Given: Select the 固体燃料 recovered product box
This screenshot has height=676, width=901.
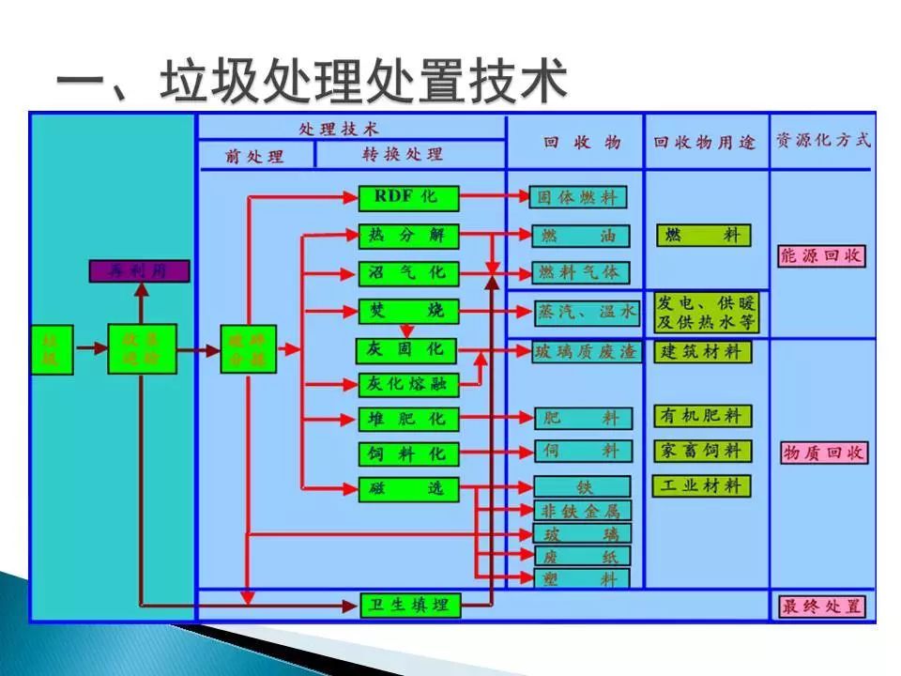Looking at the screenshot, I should pos(579,197).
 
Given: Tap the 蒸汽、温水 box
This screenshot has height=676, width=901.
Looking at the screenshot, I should pos(587,313).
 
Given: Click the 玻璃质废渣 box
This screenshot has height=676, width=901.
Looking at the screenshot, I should pos(586,352).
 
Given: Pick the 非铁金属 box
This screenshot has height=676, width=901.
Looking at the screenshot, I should pos(583,512).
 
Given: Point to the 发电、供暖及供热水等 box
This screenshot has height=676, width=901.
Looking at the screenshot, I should pos(706,314).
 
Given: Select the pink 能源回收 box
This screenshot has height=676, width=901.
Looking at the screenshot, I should pos(822,255).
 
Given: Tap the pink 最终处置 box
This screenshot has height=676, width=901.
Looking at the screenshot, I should pos(822,607).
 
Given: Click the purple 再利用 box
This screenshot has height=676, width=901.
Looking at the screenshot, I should pos(139,271).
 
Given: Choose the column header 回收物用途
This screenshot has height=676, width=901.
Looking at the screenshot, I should pos(705,144).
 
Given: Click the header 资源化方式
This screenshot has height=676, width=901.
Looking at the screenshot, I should pos(822,141).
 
